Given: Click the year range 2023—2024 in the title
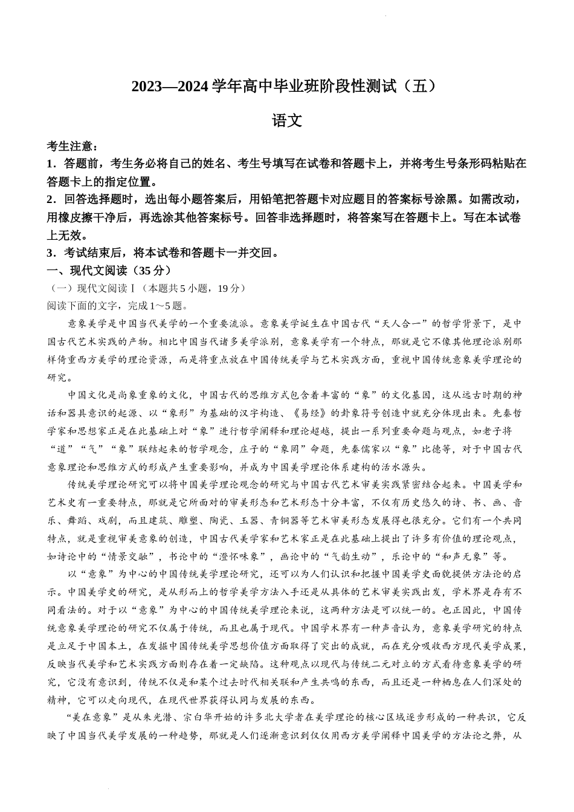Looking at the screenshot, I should pyautogui.click(x=170, y=86).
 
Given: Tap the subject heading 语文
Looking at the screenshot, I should pyautogui.click(x=287, y=120).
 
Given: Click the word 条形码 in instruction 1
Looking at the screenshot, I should pyautogui.click(x=469, y=163).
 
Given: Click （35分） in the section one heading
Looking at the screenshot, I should pyautogui.click(x=150, y=270).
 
